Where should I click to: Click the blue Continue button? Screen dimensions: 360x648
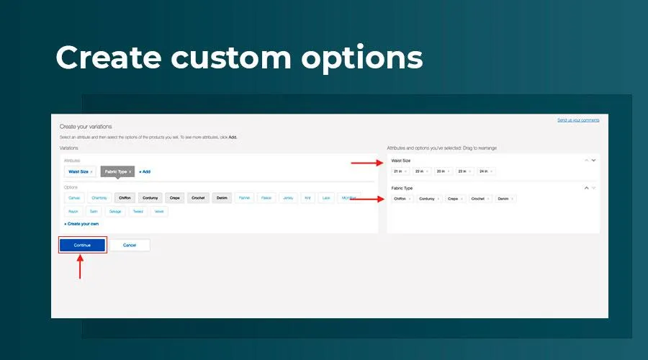82,245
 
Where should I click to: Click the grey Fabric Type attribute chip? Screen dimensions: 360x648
117,172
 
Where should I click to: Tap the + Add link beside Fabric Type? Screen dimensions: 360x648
145,172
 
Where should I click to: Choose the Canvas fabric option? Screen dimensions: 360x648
75,198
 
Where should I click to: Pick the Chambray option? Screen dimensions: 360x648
100,198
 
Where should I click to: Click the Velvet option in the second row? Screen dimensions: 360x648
159,212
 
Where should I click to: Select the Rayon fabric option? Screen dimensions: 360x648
73,212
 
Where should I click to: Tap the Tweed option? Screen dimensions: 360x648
138,212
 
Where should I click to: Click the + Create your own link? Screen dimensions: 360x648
81,224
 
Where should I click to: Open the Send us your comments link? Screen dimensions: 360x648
578,120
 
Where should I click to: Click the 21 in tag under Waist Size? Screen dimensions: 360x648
400,171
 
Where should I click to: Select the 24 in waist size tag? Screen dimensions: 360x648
485,171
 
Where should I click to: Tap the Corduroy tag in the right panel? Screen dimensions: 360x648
428,198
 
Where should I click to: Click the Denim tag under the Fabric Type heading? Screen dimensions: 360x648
505,198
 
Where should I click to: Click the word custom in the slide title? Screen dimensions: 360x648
233,58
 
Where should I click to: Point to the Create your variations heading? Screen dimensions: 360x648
86,127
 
